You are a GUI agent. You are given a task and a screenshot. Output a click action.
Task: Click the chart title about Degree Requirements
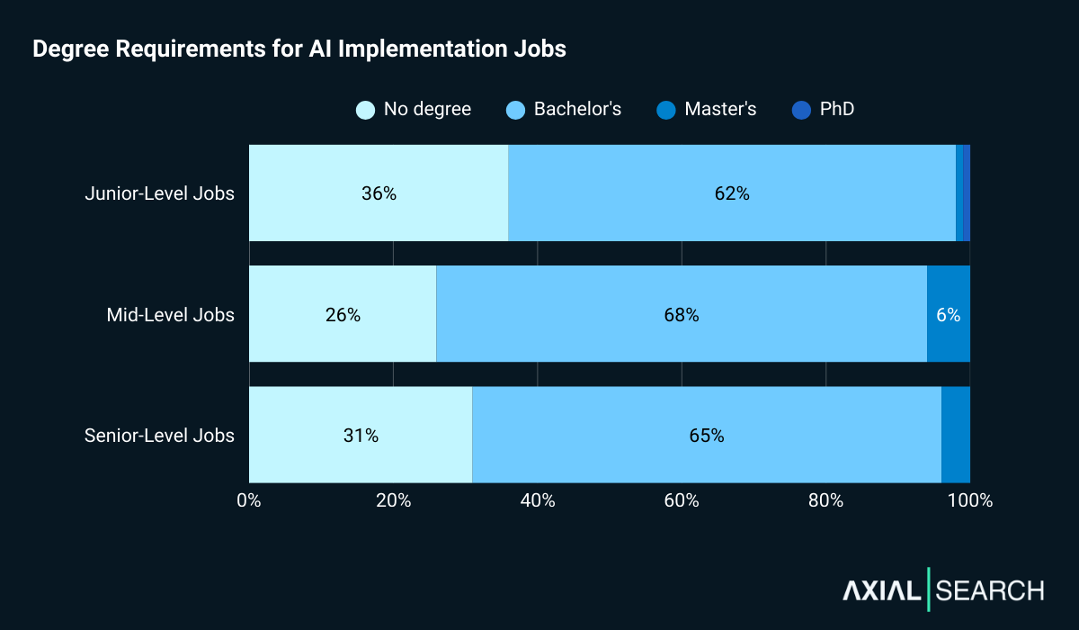tap(299, 49)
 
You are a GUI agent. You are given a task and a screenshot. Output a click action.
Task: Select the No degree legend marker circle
tap(366, 110)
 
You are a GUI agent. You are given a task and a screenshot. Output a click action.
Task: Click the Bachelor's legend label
tap(577, 110)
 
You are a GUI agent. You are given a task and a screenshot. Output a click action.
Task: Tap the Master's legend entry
tap(719, 110)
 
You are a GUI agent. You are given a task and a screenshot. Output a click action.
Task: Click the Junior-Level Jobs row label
tap(159, 193)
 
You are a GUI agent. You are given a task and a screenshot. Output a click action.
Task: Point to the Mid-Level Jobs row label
tap(170, 315)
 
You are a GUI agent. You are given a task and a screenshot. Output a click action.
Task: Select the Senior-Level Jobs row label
tap(159, 436)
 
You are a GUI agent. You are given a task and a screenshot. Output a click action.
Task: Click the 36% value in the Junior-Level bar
tap(379, 193)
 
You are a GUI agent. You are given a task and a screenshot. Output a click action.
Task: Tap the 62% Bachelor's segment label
tap(732, 193)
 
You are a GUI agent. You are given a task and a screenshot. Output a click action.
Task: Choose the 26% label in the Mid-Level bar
tap(343, 315)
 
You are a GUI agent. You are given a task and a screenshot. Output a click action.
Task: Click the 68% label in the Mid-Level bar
tap(682, 315)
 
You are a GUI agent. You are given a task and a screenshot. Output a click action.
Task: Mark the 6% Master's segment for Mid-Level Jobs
tap(948, 315)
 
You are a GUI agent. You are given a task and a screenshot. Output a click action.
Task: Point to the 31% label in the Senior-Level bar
tap(361, 436)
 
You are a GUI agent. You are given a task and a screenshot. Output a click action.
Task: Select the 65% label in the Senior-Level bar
tap(707, 436)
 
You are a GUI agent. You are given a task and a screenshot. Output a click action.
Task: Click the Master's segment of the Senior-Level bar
tap(956, 436)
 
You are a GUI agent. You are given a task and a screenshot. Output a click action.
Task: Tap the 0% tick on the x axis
tap(249, 501)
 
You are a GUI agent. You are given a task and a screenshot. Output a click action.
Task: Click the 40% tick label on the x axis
tap(538, 501)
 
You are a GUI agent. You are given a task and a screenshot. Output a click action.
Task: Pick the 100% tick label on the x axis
tap(970, 501)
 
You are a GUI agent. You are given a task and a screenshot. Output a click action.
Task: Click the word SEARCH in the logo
tap(990, 590)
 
